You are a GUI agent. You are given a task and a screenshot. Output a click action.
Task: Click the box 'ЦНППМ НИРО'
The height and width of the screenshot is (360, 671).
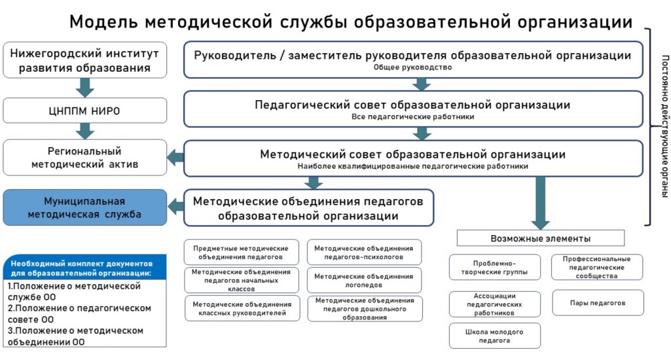click(x=84, y=111)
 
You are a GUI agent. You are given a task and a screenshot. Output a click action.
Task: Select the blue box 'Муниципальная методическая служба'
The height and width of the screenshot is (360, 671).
click(x=84, y=207)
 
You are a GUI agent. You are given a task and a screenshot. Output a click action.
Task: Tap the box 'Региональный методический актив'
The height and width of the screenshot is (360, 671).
click(x=84, y=157)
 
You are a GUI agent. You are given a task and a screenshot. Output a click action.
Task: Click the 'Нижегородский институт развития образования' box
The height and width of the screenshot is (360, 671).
click(x=84, y=60)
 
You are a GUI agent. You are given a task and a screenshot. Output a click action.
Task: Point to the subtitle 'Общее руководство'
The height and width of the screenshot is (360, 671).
click(x=412, y=67)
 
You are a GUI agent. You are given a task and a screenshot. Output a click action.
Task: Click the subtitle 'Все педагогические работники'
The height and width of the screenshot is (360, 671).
click(x=412, y=117)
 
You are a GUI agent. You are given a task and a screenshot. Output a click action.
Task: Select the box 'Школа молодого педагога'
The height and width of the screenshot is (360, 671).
click(x=495, y=336)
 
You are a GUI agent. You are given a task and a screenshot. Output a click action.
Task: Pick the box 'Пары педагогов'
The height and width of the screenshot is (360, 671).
click(x=598, y=303)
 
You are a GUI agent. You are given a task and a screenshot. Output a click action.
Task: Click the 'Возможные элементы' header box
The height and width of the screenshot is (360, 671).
click(x=540, y=238)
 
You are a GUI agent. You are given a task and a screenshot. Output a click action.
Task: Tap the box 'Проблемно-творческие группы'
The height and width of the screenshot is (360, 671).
click(x=495, y=267)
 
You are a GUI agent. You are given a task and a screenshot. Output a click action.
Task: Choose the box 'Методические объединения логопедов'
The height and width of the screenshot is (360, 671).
click(x=364, y=280)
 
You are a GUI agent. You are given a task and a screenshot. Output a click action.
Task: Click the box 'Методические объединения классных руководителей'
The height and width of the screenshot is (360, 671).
click(x=242, y=309)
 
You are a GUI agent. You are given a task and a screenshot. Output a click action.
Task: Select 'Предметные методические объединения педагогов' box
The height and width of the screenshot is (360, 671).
click(x=242, y=253)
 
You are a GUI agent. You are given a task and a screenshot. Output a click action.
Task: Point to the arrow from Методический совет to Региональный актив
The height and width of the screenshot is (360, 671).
click(x=175, y=157)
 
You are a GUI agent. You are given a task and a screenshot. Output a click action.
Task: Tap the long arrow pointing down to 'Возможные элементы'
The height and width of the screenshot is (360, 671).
click(x=540, y=203)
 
